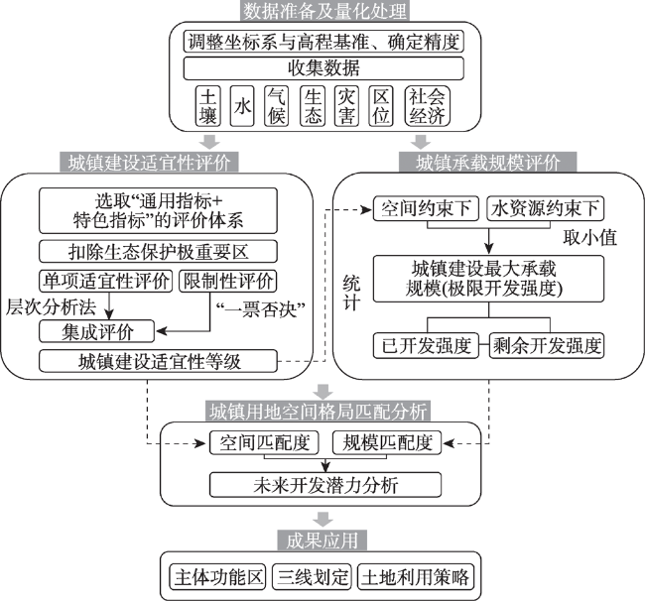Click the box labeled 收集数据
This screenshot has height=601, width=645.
tap(323, 68)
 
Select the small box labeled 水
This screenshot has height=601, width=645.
tap(242, 106)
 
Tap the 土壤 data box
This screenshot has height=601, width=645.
tap(207, 106)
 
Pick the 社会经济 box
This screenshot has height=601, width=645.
tap(427, 106)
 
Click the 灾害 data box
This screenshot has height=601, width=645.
tap(346, 106)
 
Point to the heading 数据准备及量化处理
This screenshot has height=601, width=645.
tap(324, 11)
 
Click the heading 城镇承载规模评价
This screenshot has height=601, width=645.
tap(488, 162)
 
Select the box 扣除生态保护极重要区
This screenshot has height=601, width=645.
tap(158, 252)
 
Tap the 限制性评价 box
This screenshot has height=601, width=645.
tap(228, 282)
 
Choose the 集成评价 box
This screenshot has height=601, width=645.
tap(96, 331)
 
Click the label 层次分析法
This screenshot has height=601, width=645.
tap(51, 307)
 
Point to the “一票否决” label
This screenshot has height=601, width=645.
tap(260, 309)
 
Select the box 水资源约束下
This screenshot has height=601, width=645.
tap(545, 209)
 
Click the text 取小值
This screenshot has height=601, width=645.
tap(589, 238)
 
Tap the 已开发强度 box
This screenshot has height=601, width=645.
tap(426, 346)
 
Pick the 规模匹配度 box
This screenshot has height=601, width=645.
tap(387, 442)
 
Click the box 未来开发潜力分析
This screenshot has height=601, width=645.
tap(325, 485)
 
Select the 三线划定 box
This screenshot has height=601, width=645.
tap(312, 577)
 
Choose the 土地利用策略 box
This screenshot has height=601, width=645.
tap(415, 577)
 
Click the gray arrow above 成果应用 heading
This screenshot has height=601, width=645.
tap(322, 519)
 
